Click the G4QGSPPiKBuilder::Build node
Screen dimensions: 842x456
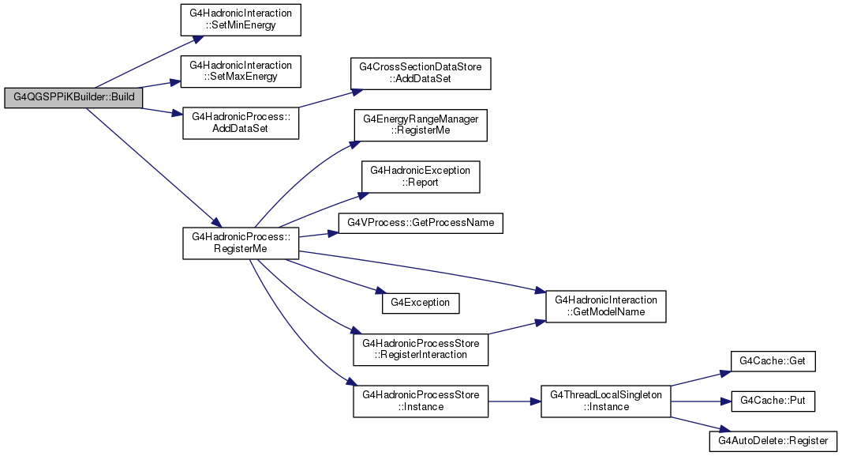(73, 97)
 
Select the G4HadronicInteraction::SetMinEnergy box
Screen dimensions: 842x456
(241, 20)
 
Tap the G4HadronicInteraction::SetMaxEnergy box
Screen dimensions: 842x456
(241, 71)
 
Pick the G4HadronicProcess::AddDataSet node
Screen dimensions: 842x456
(241, 123)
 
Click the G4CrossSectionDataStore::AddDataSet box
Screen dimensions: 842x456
(421, 73)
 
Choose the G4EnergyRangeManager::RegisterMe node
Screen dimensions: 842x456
(421, 126)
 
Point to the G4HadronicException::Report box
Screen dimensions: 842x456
(421, 177)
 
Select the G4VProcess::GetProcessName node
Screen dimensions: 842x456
(421, 223)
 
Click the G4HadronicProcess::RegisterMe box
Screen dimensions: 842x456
(241, 243)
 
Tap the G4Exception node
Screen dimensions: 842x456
(421, 303)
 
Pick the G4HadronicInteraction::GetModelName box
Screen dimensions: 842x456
(606, 307)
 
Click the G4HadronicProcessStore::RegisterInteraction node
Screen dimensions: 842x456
(421, 349)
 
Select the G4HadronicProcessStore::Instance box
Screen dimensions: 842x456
(421, 401)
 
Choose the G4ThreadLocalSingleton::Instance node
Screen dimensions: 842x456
(606, 401)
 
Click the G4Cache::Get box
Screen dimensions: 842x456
(773, 361)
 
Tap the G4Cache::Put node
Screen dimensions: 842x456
(773, 401)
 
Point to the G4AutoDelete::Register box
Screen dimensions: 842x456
(773, 441)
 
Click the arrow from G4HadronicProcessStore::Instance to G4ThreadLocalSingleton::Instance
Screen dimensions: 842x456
(515, 401)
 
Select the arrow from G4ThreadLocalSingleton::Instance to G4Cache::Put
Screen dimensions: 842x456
(702, 401)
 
